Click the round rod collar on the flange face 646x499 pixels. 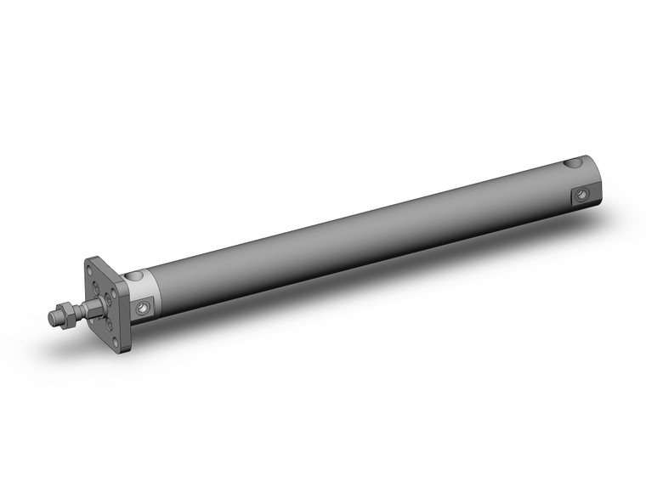(x=104, y=299)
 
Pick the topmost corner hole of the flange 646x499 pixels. (x=89, y=269)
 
